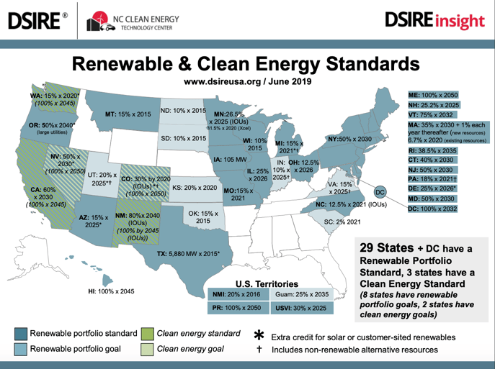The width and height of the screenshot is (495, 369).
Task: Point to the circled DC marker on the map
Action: pyautogui.click(x=381, y=192)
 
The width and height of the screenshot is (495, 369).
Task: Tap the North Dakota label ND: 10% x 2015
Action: pyautogui.click(x=183, y=111)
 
